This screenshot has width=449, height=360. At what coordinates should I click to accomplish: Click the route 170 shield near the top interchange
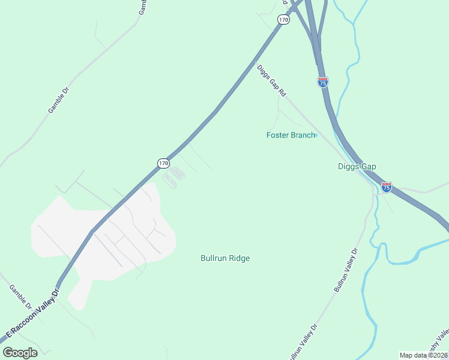[x=283, y=20]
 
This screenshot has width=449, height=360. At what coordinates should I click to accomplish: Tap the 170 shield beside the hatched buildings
[x=163, y=163]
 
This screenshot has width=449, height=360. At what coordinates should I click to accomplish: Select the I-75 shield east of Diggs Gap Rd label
[x=323, y=83]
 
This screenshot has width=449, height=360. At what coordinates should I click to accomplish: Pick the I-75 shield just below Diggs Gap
[x=387, y=188]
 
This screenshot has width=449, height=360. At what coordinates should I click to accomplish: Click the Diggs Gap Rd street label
[x=271, y=81]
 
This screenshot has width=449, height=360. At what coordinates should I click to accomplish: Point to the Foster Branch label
[x=291, y=135]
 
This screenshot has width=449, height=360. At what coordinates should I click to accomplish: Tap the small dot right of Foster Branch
[x=316, y=135]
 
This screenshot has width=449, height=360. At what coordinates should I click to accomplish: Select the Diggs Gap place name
[x=357, y=167]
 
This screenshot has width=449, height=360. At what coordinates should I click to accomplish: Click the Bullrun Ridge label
[x=225, y=258]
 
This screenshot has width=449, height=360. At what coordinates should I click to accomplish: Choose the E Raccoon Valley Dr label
[x=33, y=315]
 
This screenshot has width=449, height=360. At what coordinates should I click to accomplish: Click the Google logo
[x=20, y=353]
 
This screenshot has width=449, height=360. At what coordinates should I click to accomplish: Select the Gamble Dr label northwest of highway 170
[x=59, y=101]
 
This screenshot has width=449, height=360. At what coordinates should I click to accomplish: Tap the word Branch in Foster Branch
[x=303, y=135]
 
